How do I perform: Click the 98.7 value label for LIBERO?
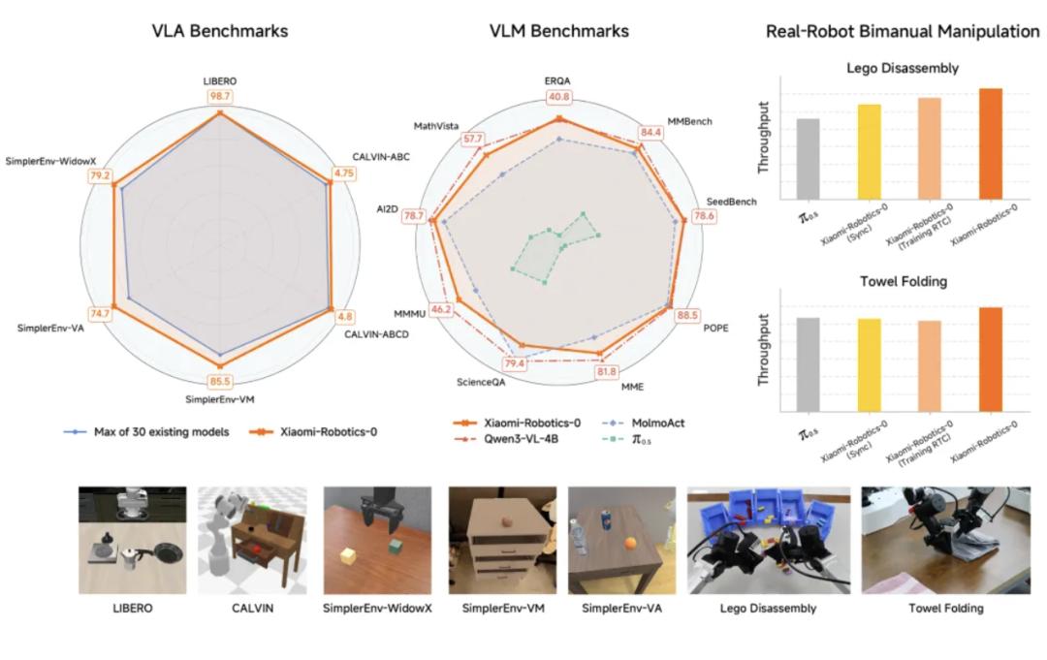[x=220, y=96]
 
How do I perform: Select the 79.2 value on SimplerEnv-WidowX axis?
[x=100, y=176]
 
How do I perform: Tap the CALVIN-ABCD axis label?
[x=376, y=333]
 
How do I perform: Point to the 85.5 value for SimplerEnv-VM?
[x=220, y=382]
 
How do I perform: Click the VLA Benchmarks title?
[x=220, y=31]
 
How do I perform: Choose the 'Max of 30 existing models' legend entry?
[x=146, y=432]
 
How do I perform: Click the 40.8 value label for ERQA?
[x=559, y=97]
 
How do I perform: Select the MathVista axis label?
[x=436, y=125]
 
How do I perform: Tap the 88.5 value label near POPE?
[x=687, y=315]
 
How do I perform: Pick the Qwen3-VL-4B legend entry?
[x=505, y=439]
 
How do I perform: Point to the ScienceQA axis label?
[x=481, y=383]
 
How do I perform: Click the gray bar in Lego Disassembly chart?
[x=808, y=159]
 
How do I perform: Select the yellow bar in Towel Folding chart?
[x=869, y=365]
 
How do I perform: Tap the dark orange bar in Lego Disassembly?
[x=990, y=143]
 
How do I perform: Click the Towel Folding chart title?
[x=904, y=282]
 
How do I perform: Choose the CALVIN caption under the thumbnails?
[x=252, y=609]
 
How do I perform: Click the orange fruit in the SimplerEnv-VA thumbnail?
[x=630, y=544]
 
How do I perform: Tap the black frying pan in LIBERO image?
[x=167, y=551]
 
